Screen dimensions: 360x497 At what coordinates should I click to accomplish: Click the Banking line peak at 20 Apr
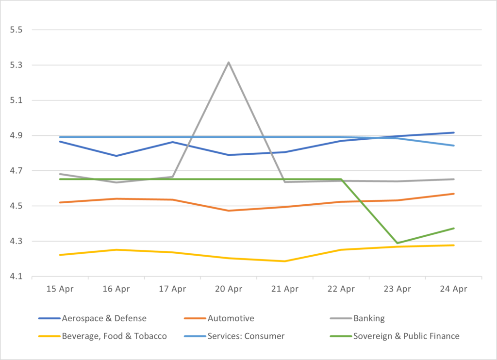pyautogui.click(x=228, y=62)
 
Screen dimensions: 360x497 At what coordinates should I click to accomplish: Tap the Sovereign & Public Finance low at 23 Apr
pyautogui.click(x=397, y=243)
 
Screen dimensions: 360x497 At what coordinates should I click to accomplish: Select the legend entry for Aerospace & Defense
pyautogui.click(x=104, y=319)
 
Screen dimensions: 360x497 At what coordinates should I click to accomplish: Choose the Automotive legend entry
pyautogui.click(x=231, y=319)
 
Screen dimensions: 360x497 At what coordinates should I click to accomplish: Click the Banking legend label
pyautogui.click(x=369, y=319)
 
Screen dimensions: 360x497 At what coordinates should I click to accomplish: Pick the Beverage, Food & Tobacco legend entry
pyautogui.click(x=114, y=336)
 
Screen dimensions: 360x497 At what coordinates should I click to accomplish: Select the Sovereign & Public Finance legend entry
pyautogui.click(x=406, y=336)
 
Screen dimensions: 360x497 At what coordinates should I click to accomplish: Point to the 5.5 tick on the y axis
pyautogui.click(x=17, y=30)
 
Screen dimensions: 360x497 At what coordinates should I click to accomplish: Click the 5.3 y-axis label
pyautogui.click(x=17, y=65)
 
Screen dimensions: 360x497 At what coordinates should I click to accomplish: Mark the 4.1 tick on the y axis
pyautogui.click(x=17, y=277)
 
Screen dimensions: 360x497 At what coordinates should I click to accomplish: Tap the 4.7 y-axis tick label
pyautogui.click(x=17, y=171)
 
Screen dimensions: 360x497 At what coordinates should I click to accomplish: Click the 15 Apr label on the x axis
pyautogui.click(x=59, y=290)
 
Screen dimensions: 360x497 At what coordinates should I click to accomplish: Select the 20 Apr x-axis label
pyautogui.click(x=228, y=290)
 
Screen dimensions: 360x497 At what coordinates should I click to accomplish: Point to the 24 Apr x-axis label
pyautogui.click(x=453, y=290)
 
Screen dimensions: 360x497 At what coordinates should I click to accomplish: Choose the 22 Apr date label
pyautogui.click(x=341, y=290)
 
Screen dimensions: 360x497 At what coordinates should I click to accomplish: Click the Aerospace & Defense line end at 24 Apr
pyautogui.click(x=453, y=132)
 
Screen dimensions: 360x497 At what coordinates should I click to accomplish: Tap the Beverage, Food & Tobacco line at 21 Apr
pyautogui.click(x=284, y=261)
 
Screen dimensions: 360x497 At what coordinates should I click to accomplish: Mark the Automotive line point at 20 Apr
pyautogui.click(x=228, y=211)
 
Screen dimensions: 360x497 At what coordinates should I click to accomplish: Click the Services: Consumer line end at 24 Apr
pyautogui.click(x=453, y=146)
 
